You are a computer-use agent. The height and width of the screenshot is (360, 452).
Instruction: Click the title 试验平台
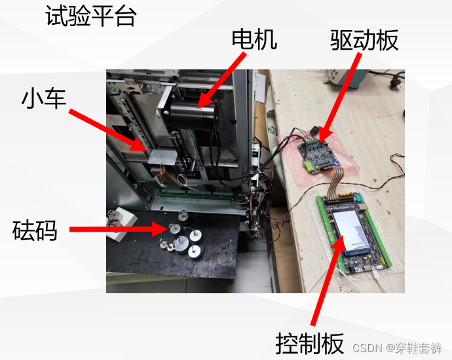[x=91, y=16]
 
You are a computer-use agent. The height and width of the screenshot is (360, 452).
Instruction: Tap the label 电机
[x=255, y=39]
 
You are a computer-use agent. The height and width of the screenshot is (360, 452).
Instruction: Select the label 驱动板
[x=364, y=40]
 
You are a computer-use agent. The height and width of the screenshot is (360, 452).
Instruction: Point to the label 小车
[x=44, y=98]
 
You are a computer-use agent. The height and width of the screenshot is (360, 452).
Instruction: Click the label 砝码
[x=35, y=230]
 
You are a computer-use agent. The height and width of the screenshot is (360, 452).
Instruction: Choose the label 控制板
[x=310, y=344]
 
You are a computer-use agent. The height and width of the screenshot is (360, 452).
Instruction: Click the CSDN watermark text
[x=397, y=348]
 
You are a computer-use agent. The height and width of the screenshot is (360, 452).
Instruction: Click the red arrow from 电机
[x=222, y=80]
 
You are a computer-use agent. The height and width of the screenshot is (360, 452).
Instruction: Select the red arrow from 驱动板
[x=340, y=98]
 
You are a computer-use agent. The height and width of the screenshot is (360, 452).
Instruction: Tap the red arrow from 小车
[x=108, y=130]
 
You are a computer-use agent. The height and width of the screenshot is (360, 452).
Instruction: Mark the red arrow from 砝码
[x=118, y=229]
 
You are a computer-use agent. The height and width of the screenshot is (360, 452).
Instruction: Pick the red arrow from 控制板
[x=328, y=281]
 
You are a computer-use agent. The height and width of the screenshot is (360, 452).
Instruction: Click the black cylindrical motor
[x=194, y=117]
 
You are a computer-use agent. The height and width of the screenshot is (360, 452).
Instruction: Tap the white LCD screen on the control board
[x=350, y=231]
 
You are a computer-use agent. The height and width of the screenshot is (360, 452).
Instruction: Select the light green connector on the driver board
[x=310, y=166]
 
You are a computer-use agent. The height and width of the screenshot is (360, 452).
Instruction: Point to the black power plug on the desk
[x=394, y=81]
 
